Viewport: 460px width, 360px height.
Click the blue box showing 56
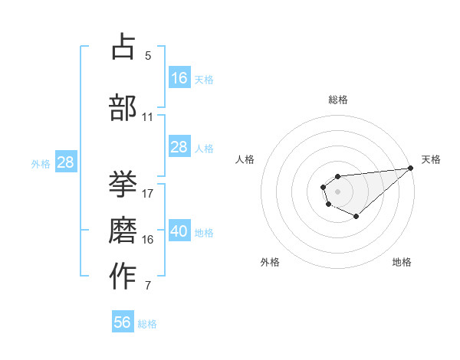[x=122, y=322]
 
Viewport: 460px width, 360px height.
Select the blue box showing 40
[x=179, y=232]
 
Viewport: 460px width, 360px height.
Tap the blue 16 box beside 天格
[x=179, y=78]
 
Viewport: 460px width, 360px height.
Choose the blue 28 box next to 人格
[x=179, y=148]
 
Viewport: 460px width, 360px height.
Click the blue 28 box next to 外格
[x=65, y=162]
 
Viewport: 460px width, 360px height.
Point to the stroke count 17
[x=148, y=193]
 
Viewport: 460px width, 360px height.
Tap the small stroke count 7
[x=148, y=286]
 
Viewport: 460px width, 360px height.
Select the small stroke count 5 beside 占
[x=148, y=56]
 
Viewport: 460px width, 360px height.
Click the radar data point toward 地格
[x=356, y=217]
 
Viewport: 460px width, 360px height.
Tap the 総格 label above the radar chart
[x=337, y=100]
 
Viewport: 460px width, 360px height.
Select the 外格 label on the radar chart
[x=270, y=262]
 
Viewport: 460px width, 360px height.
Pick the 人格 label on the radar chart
[x=245, y=159]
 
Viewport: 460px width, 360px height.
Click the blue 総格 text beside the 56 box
[x=147, y=324]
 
